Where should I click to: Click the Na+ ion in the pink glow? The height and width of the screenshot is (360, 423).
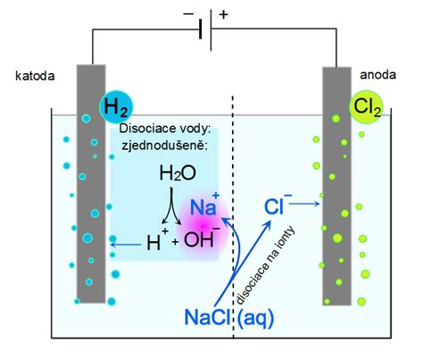[x=207, y=209]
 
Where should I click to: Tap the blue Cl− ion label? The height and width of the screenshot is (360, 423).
[x=278, y=206]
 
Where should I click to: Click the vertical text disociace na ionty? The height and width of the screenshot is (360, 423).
[x=242, y=272]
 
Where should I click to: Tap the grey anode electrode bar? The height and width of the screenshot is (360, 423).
[x=335, y=205]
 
